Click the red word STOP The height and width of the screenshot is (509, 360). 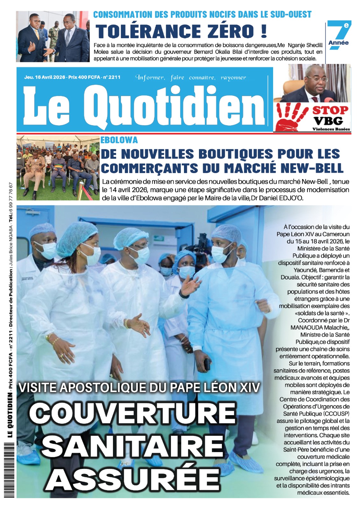[x=330, y=110]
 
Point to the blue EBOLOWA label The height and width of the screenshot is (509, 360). [x=119, y=140]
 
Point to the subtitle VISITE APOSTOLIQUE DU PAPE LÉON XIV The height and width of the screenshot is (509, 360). [x=139, y=387]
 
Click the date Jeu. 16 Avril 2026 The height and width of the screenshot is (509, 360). [x=45, y=77]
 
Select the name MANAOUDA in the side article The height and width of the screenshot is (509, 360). [x=307, y=327]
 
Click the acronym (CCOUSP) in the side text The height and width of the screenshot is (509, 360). [x=336, y=414]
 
